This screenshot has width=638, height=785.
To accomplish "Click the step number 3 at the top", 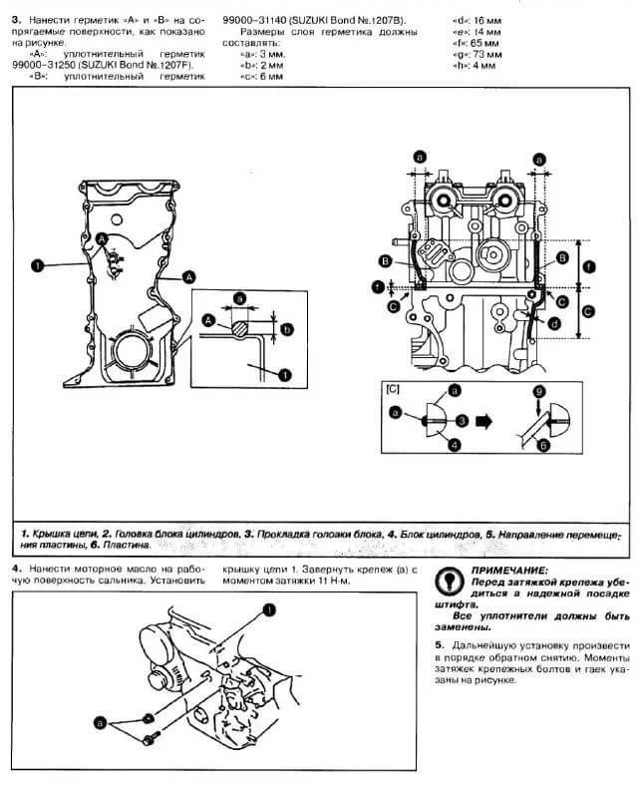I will [15, 19].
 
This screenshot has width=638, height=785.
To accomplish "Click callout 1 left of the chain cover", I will [36, 265].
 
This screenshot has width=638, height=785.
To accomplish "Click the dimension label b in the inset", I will [286, 328].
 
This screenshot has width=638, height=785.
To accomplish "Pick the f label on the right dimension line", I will [588, 265].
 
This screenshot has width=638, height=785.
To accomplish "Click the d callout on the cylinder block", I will [553, 323].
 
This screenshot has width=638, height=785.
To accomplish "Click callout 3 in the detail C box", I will [462, 421].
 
